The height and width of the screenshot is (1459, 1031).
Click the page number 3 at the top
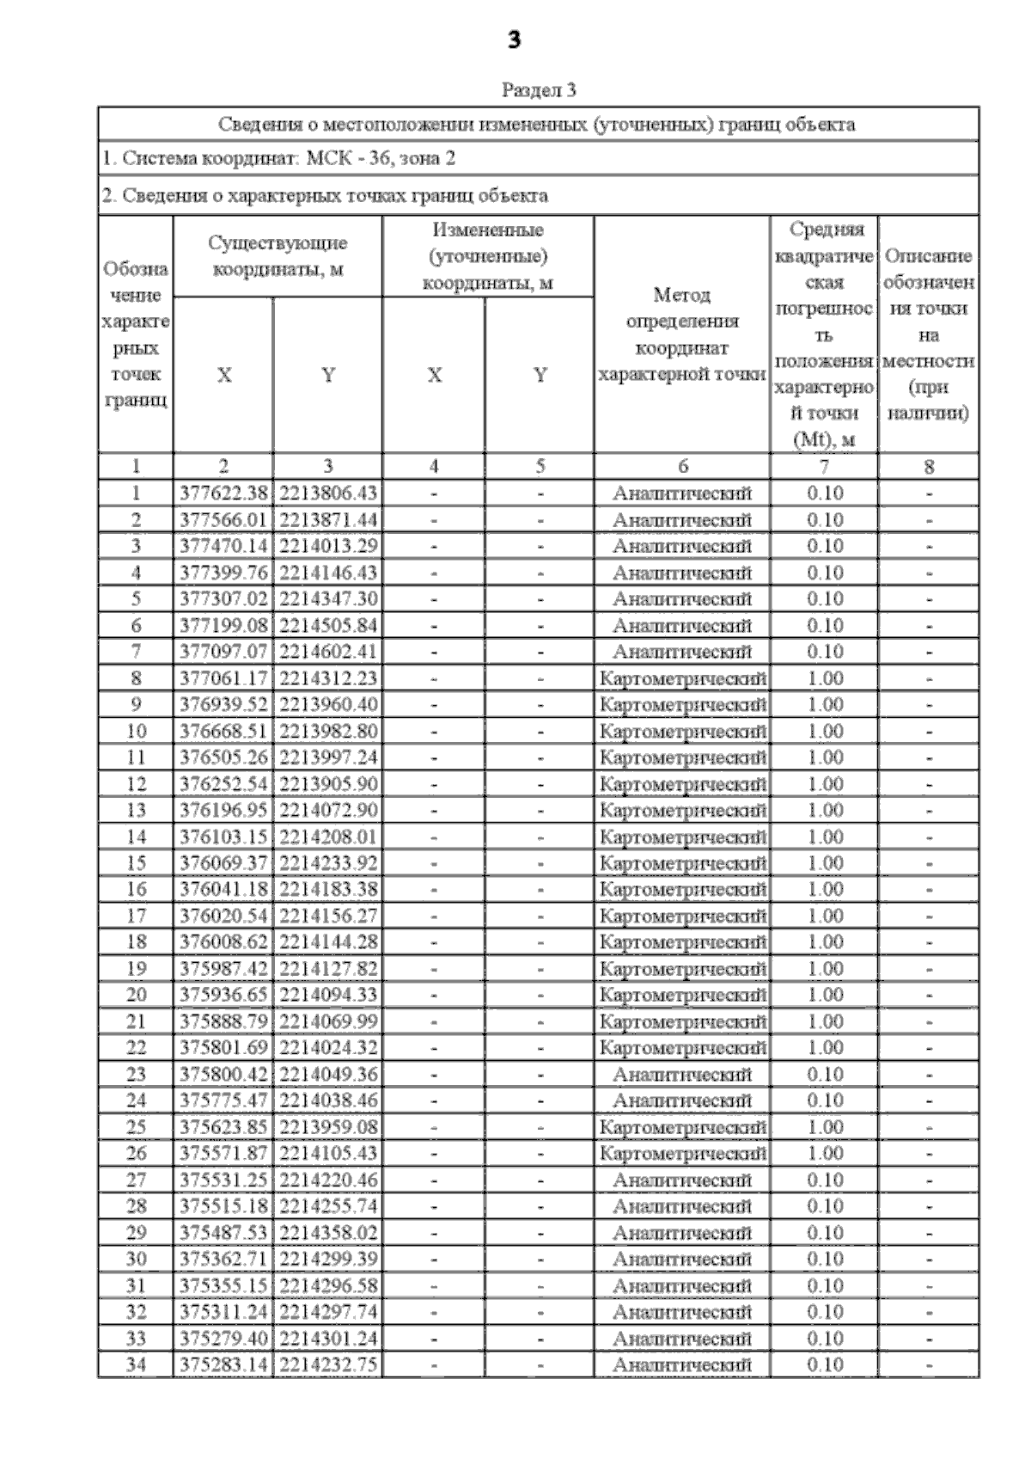(x=514, y=40)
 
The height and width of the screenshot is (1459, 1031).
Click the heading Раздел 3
(x=538, y=89)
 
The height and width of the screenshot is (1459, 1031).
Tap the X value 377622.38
(x=223, y=493)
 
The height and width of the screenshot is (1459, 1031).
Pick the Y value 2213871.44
(x=328, y=520)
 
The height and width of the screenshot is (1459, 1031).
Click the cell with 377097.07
(x=223, y=652)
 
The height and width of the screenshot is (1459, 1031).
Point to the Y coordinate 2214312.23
(x=328, y=678)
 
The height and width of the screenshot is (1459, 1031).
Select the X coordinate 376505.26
(x=223, y=757)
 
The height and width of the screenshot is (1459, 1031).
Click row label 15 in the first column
(x=136, y=863)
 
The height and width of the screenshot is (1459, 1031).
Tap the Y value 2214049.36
(x=328, y=1075)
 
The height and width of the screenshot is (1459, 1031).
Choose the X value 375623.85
(x=223, y=1127)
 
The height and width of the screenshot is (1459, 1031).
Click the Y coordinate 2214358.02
(x=328, y=1233)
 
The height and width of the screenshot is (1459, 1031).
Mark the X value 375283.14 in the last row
(x=223, y=1365)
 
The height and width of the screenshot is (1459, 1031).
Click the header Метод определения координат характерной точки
(x=682, y=334)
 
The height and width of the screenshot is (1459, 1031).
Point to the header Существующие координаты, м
(x=278, y=256)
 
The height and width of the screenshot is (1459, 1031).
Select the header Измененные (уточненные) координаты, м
(x=488, y=256)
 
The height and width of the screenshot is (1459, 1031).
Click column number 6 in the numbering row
(x=683, y=467)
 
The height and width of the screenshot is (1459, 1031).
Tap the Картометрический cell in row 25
(x=683, y=1127)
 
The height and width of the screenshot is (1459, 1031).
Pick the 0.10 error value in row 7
(x=825, y=652)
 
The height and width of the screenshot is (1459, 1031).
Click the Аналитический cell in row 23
(x=683, y=1075)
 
